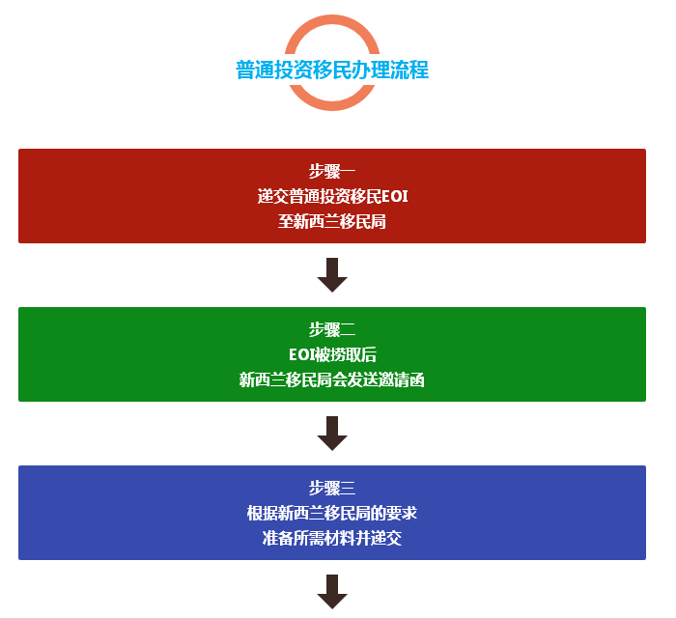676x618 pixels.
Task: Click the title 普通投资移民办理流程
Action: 332,70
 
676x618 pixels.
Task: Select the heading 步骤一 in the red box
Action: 332,171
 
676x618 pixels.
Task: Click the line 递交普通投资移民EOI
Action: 332,196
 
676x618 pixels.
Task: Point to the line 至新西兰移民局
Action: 332,221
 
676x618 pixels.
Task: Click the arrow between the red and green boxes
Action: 332,275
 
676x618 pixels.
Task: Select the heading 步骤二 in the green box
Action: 332,329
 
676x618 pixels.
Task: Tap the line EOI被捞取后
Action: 332,354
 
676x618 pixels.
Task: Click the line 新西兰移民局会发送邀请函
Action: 332,380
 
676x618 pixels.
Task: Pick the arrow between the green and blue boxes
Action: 332,434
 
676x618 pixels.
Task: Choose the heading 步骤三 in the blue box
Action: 332,488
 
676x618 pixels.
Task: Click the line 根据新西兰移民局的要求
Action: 332,513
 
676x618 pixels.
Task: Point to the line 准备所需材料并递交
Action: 332,538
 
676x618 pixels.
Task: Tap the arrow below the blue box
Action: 332,592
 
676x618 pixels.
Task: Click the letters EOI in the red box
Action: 394,197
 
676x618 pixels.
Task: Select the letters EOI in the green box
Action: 301,355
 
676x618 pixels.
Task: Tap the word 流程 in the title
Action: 409,70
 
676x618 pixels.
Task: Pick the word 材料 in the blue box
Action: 340,538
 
